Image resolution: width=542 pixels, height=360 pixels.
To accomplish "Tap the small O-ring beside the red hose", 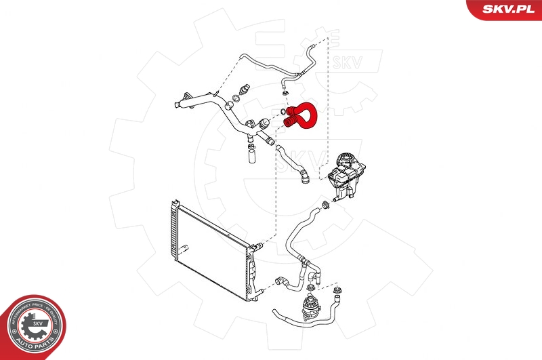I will click(x=281, y=113).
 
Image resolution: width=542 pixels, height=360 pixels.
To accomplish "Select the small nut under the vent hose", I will click(x=286, y=92).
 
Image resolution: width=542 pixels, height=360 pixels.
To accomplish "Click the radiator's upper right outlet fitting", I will click(x=253, y=247).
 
